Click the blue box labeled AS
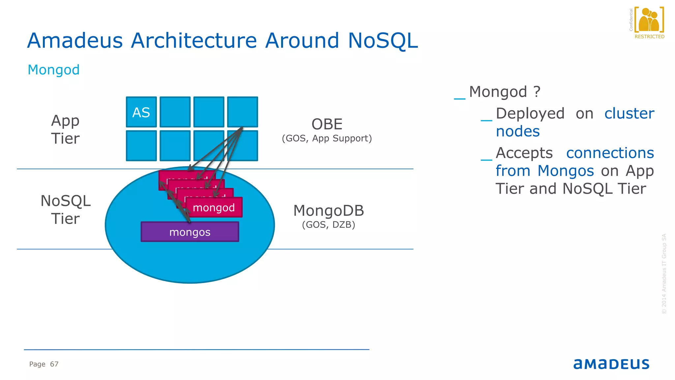141,112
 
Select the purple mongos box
190,232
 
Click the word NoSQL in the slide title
383,41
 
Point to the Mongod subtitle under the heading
54,70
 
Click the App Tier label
65,129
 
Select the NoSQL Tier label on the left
65,209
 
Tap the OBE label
327,124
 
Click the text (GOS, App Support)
327,138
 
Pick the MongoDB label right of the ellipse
329,211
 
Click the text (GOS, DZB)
329,225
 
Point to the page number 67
54,364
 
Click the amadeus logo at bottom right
611,364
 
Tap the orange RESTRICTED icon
649,21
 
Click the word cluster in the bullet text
629,113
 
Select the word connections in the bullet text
610,153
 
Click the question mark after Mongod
537,92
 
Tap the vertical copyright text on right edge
664,274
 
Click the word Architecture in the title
193,41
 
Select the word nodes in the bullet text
518,131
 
